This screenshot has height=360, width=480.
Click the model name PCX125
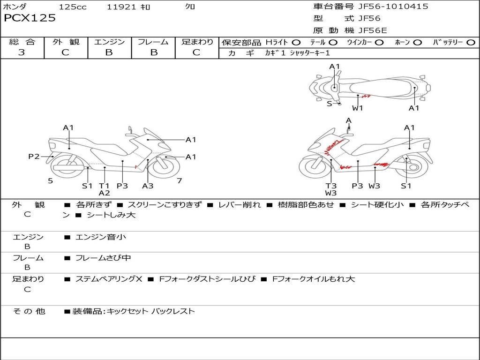[x=30, y=18]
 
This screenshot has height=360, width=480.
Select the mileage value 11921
[x=121, y=7]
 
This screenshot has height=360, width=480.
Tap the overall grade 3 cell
[x=22, y=52]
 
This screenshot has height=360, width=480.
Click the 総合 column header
[x=22, y=42]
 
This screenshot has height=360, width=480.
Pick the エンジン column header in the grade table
[x=109, y=42]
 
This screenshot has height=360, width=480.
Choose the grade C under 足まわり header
[x=196, y=52]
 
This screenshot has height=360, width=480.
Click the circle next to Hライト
[x=296, y=43]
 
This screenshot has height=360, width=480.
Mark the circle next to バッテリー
[x=471, y=43]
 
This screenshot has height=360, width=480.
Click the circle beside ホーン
[x=417, y=43]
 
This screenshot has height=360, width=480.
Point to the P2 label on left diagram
[x=34, y=157]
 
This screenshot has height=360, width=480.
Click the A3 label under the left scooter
[x=148, y=186]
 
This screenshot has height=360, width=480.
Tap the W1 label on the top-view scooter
[x=358, y=108]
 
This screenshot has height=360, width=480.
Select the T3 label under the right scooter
[x=331, y=186]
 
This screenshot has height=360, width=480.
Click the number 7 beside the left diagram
[x=179, y=180]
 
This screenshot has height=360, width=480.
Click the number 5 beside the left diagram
[x=50, y=180]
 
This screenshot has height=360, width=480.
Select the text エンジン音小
[x=101, y=237]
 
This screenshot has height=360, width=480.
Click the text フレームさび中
[x=103, y=258]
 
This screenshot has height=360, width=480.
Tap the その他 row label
[x=29, y=311]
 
